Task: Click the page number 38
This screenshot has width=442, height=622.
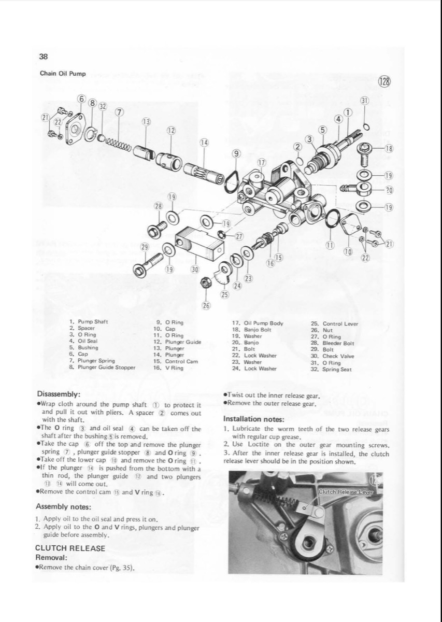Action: click(x=44, y=57)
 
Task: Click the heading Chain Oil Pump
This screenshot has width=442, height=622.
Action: click(x=63, y=74)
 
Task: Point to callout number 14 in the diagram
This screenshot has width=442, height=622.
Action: click(x=205, y=142)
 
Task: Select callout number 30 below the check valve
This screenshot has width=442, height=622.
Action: click(x=195, y=269)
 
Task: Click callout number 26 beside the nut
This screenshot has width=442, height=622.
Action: click(x=206, y=305)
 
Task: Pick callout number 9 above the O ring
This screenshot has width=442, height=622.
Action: click(x=236, y=153)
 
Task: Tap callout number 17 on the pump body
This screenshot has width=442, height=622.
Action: click(x=262, y=162)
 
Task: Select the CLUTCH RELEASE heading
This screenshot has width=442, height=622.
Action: click(x=70, y=548)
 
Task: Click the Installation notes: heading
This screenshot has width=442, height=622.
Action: click(x=253, y=419)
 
